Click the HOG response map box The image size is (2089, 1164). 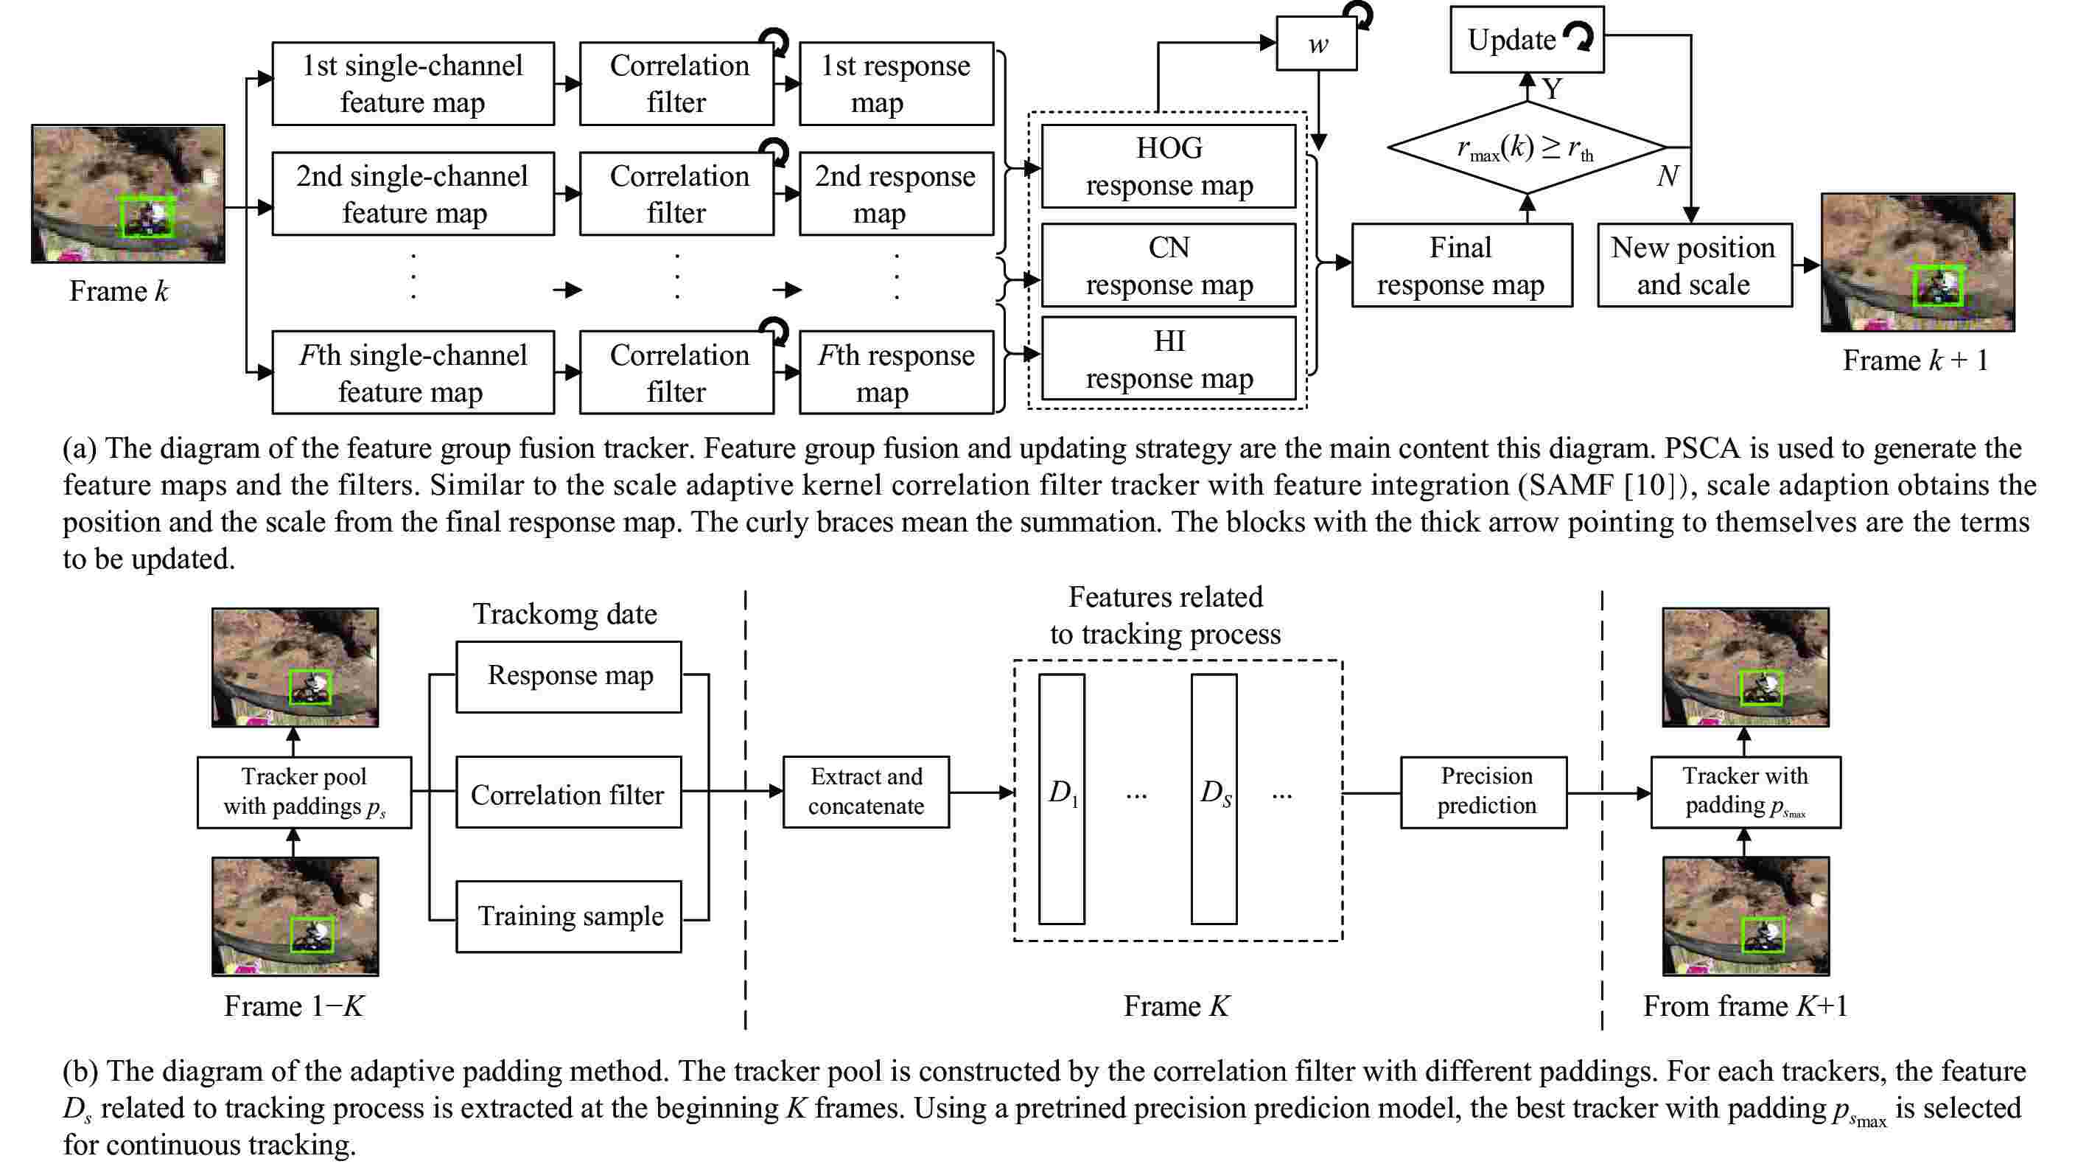(x=1168, y=167)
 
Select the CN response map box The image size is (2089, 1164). (x=1168, y=265)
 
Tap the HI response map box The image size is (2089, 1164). (x=1168, y=358)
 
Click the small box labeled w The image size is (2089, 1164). (x=1316, y=43)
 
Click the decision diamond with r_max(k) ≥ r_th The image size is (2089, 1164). (x=1526, y=147)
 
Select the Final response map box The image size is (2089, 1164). (x=1461, y=265)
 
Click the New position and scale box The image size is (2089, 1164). (x=1694, y=265)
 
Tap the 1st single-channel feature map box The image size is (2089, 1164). (x=413, y=83)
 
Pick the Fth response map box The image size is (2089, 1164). (x=896, y=372)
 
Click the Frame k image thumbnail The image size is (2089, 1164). (x=128, y=193)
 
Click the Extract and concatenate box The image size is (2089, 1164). (x=865, y=791)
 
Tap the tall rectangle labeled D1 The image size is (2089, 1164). (x=1062, y=798)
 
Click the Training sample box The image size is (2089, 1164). (x=568, y=916)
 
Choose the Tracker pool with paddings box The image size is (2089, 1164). (x=304, y=792)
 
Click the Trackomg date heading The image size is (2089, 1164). (x=565, y=614)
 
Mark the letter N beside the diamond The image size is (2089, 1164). (x=1668, y=176)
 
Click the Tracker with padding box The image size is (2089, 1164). (x=1745, y=792)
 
